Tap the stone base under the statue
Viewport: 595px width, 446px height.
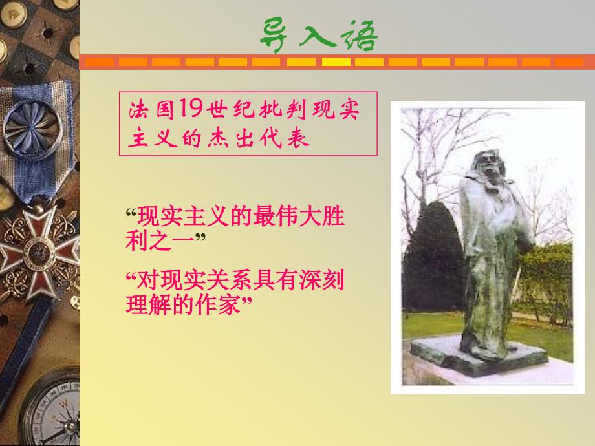click(479, 355)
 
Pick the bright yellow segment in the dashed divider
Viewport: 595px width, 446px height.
click(336, 62)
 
